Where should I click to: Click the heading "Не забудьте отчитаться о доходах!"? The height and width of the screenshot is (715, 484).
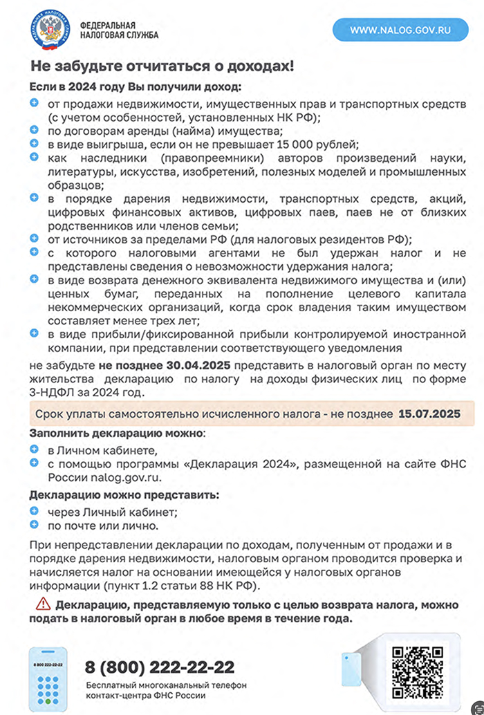(162, 67)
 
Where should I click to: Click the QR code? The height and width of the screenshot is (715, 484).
(418, 671)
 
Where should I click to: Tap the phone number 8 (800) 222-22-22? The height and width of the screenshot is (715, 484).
(160, 667)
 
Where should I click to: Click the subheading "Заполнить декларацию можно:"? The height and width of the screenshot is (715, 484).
(117, 433)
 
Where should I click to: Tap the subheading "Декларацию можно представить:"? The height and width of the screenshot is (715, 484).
(124, 495)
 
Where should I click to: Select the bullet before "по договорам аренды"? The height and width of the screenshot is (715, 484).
(35, 131)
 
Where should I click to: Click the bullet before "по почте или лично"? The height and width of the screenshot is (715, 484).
(35, 525)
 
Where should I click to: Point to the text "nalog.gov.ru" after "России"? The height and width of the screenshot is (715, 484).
(122, 477)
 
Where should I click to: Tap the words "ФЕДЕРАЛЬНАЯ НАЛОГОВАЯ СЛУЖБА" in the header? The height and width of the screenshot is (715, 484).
(120, 28)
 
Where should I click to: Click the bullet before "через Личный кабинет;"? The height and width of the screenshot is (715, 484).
(35, 512)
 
